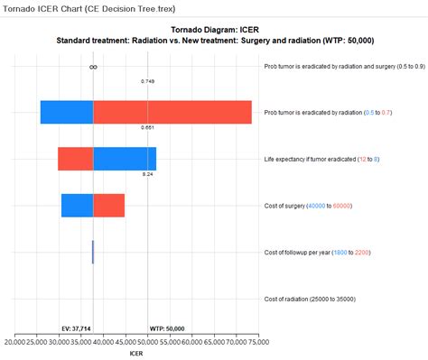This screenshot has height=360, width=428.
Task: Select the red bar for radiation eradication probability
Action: tap(172, 112)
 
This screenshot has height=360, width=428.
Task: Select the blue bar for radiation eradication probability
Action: tap(67, 112)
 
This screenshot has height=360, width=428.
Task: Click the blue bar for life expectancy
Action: tap(125, 159)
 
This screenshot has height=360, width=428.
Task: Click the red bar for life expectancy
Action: tap(76, 159)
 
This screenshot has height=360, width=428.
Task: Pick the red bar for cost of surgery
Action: tap(108, 205)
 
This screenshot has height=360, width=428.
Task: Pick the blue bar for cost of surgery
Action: tap(77, 205)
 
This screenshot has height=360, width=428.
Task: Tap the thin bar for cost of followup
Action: tap(93, 252)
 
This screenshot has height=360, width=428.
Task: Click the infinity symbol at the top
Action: tap(93, 67)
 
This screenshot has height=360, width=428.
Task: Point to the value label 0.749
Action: tap(147, 81)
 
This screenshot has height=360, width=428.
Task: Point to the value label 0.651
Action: tap(147, 127)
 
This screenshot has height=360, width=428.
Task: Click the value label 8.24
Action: tap(147, 173)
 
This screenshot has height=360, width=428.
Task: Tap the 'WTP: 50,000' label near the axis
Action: tap(166, 329)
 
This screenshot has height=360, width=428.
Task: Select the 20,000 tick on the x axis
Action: tap(16, 342)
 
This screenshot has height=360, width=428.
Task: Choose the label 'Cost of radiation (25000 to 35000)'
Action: tap(310, 299)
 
